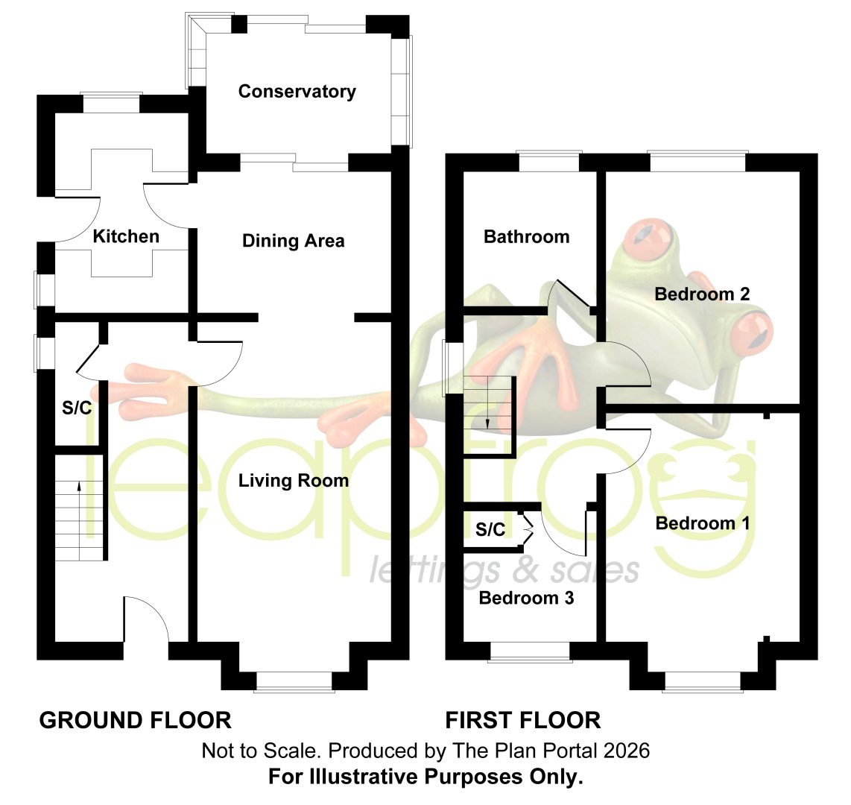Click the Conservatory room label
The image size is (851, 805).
(x=297, y=91)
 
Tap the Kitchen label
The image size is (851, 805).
(x=126, y=236)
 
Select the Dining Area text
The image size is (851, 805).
(x=293, y=241)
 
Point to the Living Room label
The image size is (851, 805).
(x=294, y=481)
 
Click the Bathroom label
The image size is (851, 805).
(x=526, y=237)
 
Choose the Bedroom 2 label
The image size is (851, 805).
(x=702, y=294)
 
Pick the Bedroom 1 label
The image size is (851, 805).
(x=702, y=523)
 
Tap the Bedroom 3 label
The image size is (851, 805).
(x=526, y=598)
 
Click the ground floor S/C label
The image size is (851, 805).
(x=77, y=408)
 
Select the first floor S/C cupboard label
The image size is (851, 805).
(x=490, y=529)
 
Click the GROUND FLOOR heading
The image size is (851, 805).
(x=135, y=720)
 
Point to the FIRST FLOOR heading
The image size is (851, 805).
(x=522, y=720)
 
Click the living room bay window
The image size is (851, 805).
(x=294, y=682)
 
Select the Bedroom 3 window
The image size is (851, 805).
(x=530, y=652)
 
